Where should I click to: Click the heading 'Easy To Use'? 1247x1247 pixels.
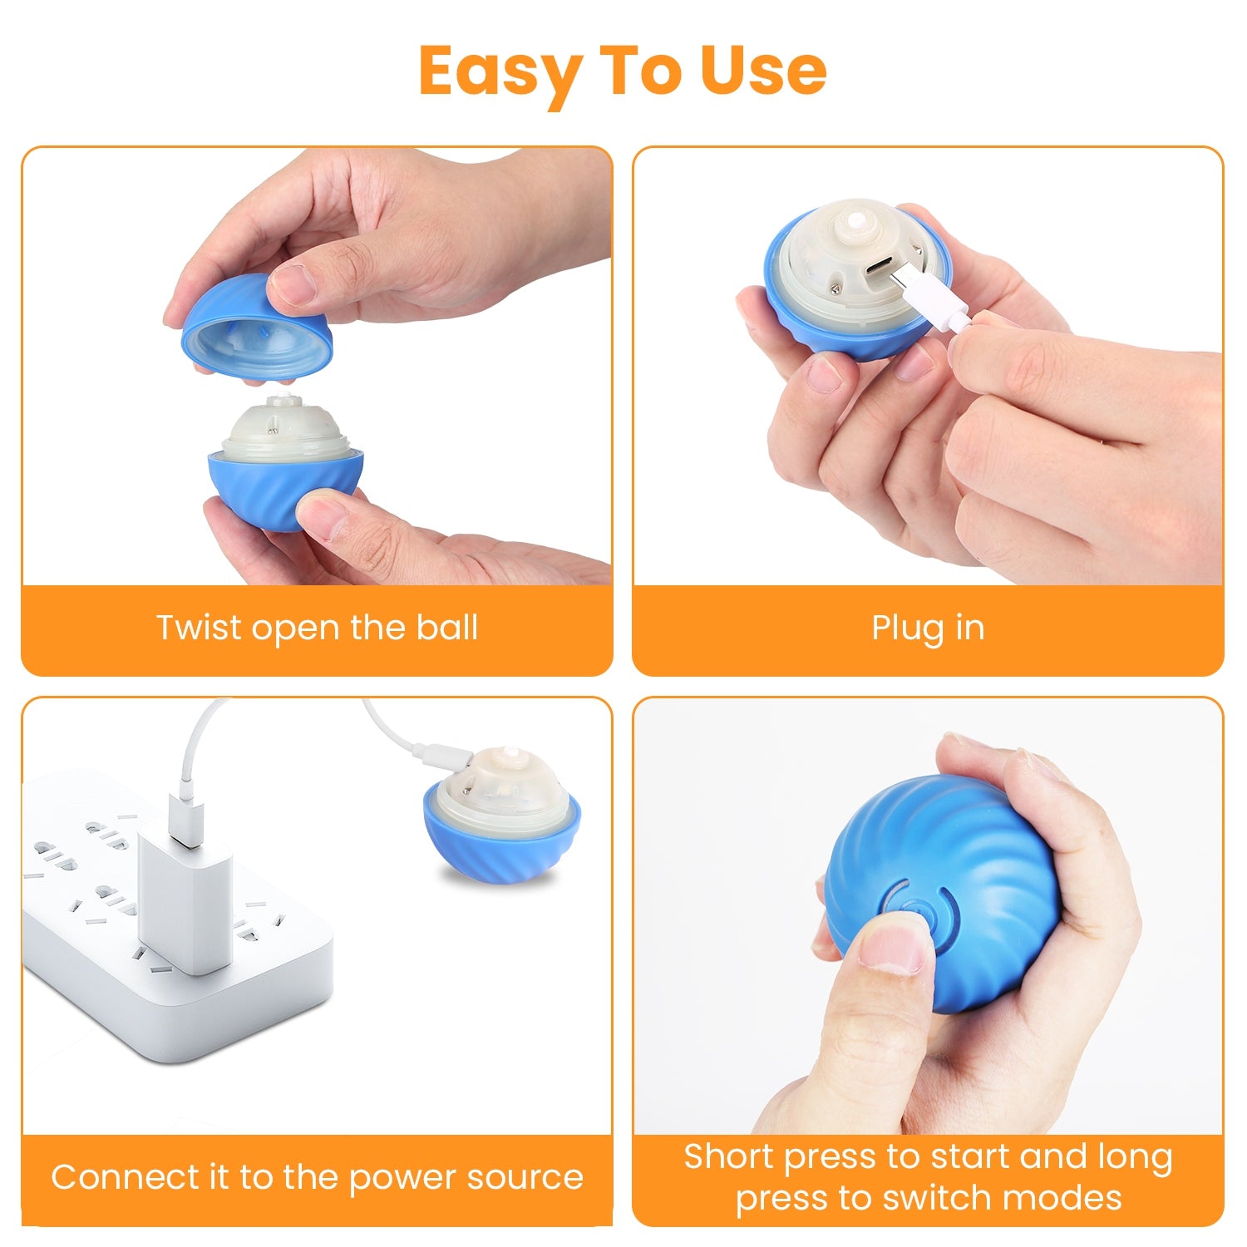point(623,71)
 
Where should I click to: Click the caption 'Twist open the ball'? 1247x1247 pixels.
point(317,628)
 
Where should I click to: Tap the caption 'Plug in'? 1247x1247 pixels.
point(928,628)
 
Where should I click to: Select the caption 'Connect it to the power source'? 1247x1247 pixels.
point(317,1177)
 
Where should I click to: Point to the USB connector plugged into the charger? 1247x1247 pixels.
point(185,819)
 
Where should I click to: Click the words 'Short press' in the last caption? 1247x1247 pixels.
point(781,1157)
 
